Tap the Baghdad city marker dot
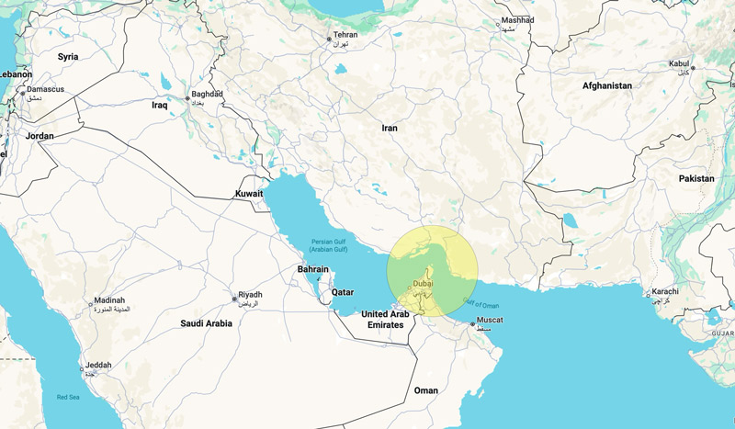pos(187,98)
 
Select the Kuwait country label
pos(249,194)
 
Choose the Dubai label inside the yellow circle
pos(423,284)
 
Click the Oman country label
pos(425,390)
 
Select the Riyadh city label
pos(250,295)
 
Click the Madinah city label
pos(109,301)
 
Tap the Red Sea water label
pos(68,397)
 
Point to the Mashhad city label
pos(517,19)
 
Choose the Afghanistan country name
pos(606,85)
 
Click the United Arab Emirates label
pos(384,319)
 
